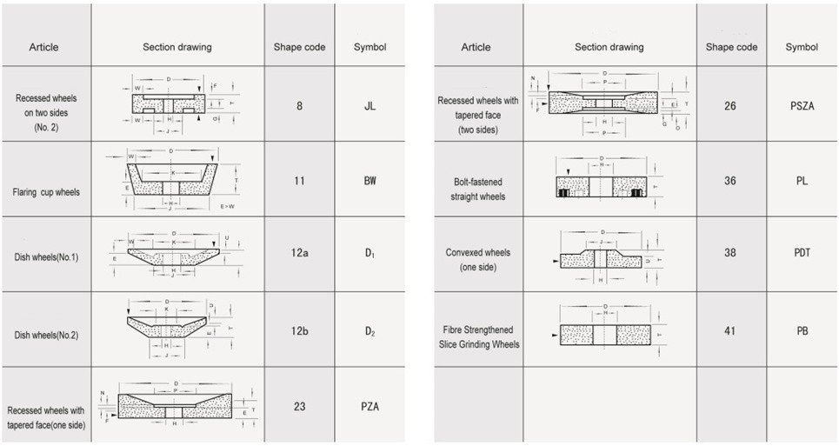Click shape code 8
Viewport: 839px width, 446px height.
tap(299, 106)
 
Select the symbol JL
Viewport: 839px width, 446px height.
tap(370, 106)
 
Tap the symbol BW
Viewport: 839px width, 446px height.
tap(370, 181)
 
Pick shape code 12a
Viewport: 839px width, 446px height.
tap(299, 254)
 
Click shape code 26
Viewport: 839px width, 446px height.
tap(730, 105)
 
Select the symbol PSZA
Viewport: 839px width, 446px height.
tap(802, 105)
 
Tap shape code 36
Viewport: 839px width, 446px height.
tap(730, 180)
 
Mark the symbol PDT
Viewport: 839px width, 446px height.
tap(802, 253)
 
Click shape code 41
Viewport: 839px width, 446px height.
tap(730, 330)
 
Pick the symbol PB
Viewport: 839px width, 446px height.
tap(802, 330)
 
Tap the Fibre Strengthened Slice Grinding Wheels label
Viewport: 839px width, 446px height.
tap(477, 337)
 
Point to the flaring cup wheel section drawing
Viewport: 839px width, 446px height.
tap(174, 181)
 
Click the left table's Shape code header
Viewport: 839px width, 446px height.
tap(299, 47)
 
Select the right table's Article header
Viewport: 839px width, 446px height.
tap(476, 47)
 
